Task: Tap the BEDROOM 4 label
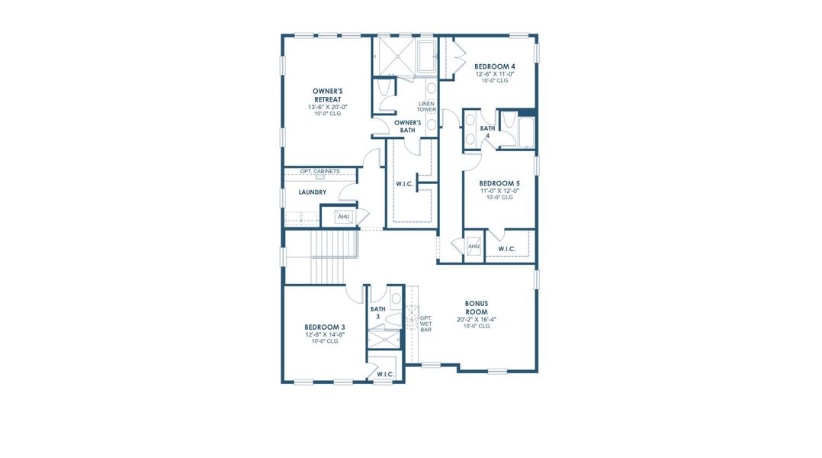pos(494,66)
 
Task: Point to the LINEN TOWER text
pos(425,107)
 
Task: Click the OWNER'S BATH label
pos(408,126)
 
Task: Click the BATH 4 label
pos(487,132)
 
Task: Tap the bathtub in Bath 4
pos(525,131)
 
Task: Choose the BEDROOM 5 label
pos(499,183)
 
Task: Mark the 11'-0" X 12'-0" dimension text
pos(499,191)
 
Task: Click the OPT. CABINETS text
pos(319,171)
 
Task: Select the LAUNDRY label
pos(313,192)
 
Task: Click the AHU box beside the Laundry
pos(343,218)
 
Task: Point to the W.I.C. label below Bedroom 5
pos(507,250)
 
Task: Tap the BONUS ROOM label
pos(477,307)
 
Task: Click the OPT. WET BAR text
pos(425,324)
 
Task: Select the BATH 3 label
pos(377,313)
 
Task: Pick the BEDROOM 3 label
pos(324,327)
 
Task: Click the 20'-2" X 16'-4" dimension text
pos(477,319)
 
